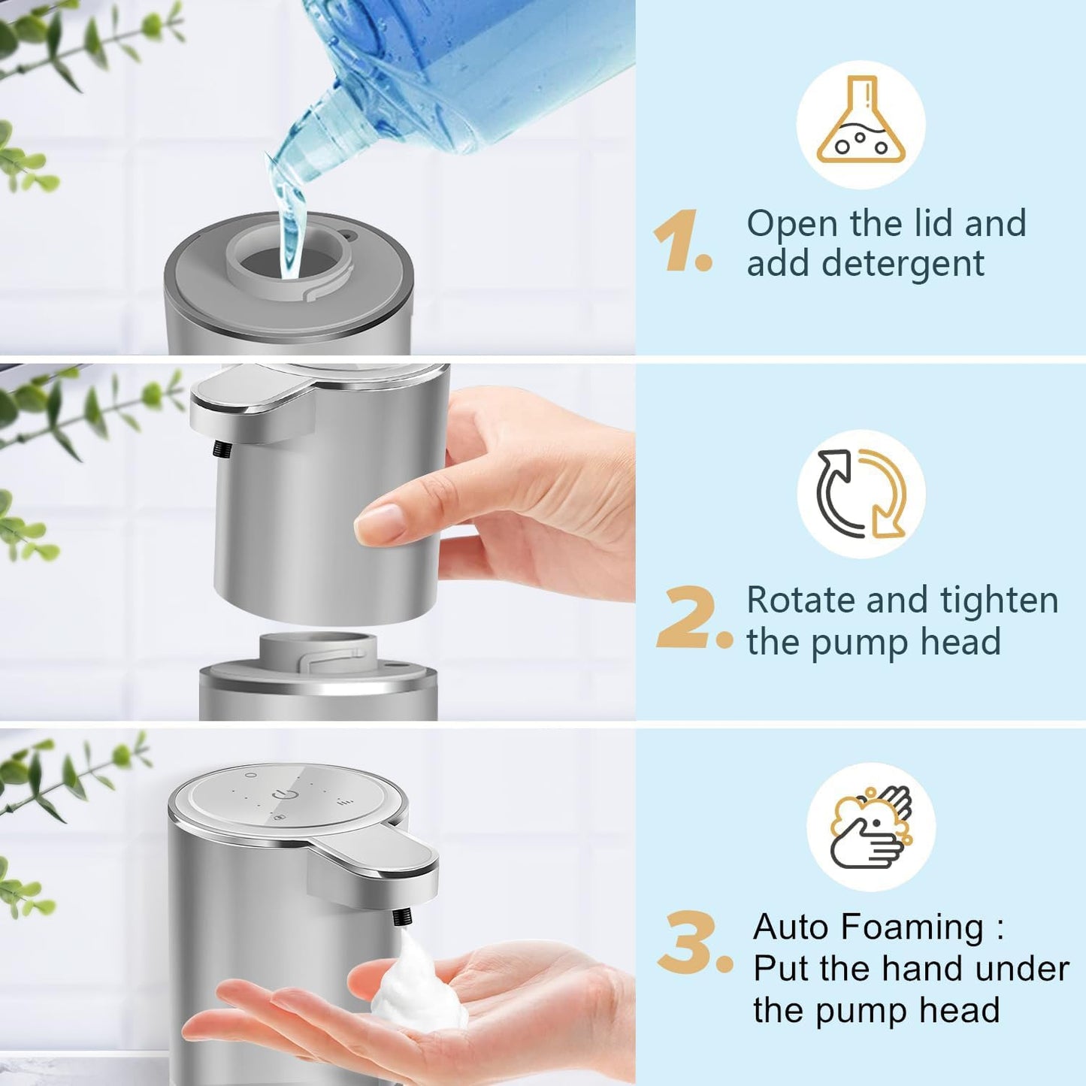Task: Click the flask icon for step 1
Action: [861, 124]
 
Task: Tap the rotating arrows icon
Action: [861, 494]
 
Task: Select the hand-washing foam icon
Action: [871, 827]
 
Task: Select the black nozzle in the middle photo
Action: [222, 449]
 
